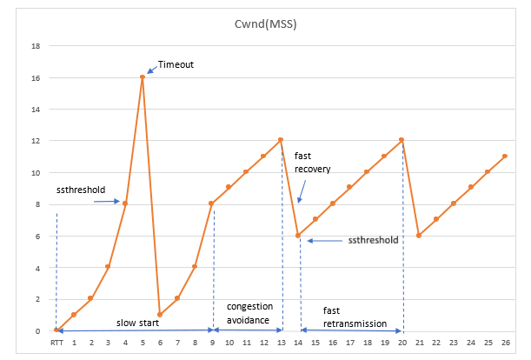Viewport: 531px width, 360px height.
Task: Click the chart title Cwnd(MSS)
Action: [x=266, y=26]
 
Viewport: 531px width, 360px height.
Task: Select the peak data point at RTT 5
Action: [x=143, y=77]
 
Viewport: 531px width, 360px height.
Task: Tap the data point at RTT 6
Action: [x=160, y=314]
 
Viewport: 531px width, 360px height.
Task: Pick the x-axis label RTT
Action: [x=56, y=343]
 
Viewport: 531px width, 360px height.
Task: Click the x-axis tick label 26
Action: [x=505, y=343]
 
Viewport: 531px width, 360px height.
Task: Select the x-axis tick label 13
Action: [x=281, y=343]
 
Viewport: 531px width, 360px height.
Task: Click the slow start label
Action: [x=137, y=323]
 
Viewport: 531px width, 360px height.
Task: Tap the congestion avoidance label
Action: [x=249, y=313]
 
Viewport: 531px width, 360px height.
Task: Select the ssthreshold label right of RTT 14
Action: [x=373, y=240]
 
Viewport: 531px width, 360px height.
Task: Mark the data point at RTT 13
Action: [x=281, y=140]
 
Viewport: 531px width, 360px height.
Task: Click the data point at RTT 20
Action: [x=402, y=140]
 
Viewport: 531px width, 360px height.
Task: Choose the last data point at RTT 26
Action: [x=505, y=157]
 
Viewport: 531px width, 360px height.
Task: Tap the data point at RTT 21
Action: [x=419, y=236]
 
